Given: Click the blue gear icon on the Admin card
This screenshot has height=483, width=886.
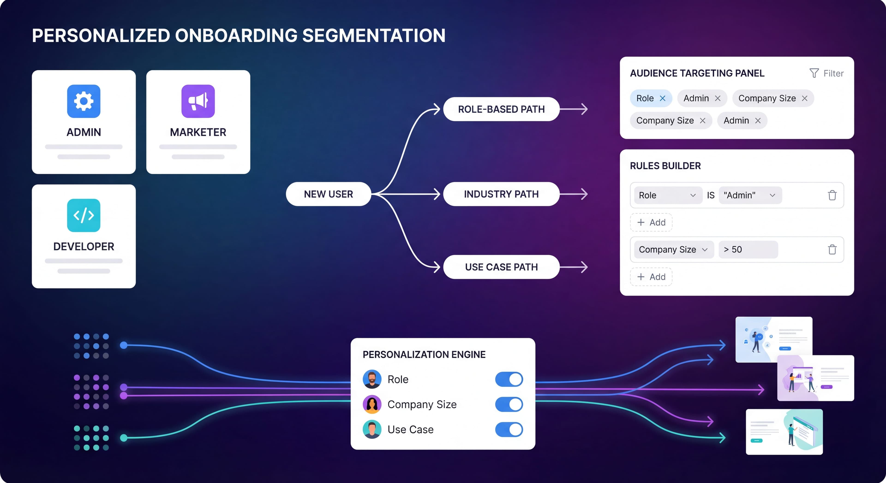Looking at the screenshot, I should tap(84, 101).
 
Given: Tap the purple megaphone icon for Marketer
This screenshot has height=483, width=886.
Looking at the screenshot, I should tap(198, 101).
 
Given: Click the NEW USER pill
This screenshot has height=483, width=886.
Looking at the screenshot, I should tap(329, 194).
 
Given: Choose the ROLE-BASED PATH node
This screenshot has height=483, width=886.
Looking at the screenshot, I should tap(501, 109).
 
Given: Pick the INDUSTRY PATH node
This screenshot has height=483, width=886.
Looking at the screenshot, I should tap(501, 194).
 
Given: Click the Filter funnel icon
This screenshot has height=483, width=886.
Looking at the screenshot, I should tap(814, 73).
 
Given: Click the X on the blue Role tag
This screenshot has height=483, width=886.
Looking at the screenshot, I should tap(662, 98).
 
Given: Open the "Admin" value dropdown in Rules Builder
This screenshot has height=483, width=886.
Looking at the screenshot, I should tap(750, 195).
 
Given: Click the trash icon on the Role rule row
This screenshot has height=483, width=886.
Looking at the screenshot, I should tap(832, 195).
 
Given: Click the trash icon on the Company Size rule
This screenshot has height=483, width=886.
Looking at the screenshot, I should tap(832, 250).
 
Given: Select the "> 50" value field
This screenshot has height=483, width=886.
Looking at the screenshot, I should tap(748, 250).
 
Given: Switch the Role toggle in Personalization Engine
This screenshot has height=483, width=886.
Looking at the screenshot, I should tap(509, 379).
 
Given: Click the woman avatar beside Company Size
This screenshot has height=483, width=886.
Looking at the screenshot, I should tap(372, 405).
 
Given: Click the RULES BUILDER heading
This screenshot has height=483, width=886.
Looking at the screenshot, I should tap(665, 166).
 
